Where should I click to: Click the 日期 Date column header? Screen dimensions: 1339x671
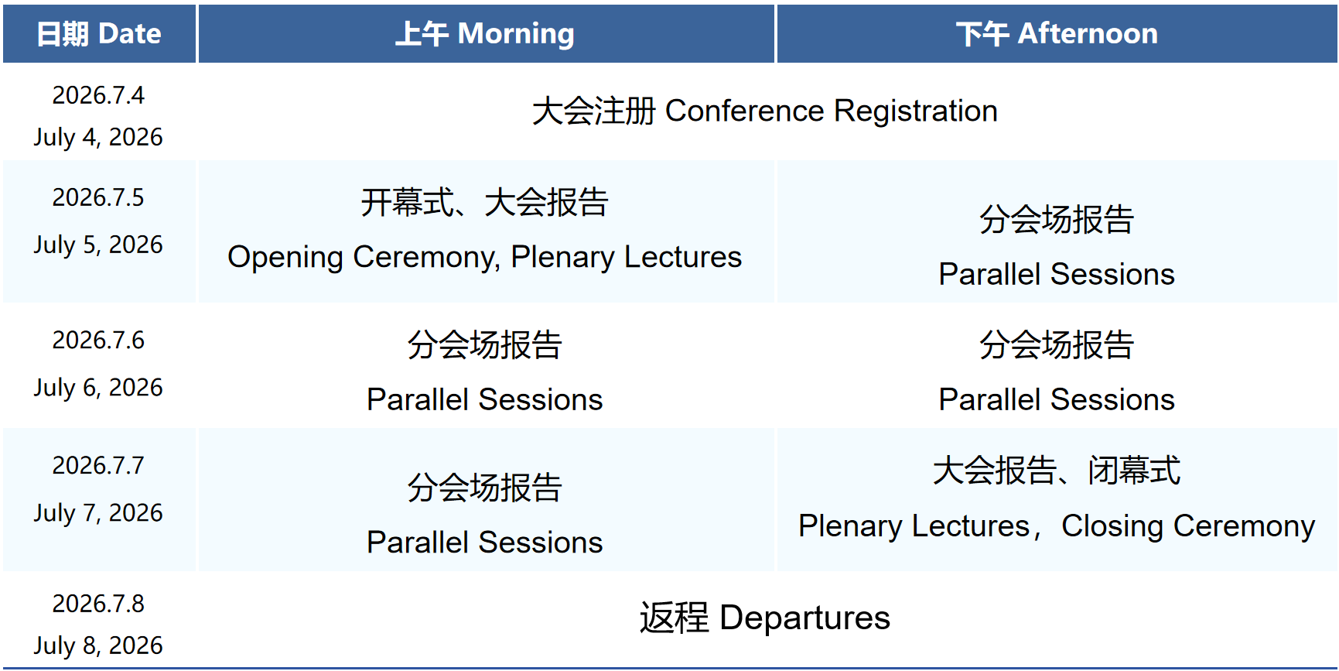coord(99,34)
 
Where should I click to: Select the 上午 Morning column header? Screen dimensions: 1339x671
coord(485,34)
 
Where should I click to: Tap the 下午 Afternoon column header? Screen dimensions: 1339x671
coord(1057,34)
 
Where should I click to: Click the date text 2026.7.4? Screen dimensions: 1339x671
coord(98,95)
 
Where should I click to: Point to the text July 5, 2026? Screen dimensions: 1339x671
coord(98,245)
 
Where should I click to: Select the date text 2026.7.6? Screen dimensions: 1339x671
coord(98,340)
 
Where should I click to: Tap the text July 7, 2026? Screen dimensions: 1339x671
coord(98,512)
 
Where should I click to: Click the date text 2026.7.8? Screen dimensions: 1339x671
coord(98,604)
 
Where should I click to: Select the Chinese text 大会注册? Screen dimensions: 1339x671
coord(594,111)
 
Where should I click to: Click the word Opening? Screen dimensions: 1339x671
coord(285,258)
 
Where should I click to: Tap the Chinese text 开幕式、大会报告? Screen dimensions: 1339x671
coord(485,203)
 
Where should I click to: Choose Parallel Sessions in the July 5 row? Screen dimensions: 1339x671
coord(1057,274)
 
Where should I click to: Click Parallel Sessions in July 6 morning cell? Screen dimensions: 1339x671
coord(485,399)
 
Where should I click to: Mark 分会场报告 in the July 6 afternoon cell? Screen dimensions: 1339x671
coord(1057,345)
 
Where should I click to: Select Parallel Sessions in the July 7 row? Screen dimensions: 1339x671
coord(485,542)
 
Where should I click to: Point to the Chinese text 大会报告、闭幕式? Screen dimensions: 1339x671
coord(1057,471)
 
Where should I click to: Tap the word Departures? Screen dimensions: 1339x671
coord(805,618)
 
